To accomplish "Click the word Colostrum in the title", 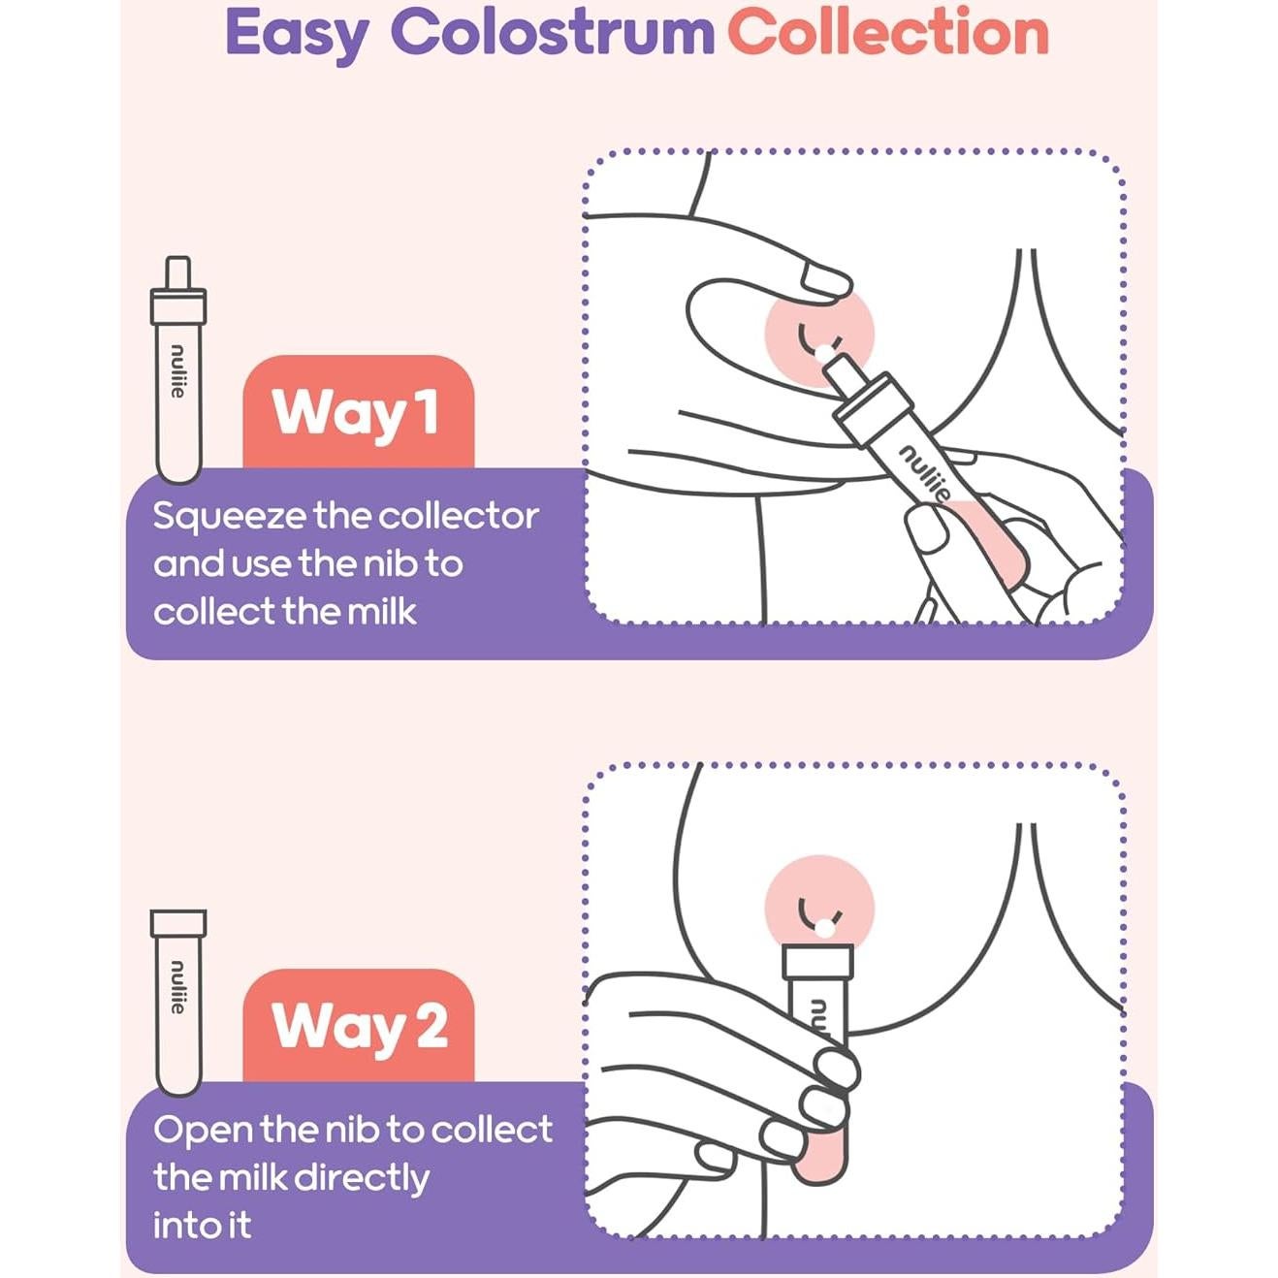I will coord(552,32).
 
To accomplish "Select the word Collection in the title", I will coord(887,32).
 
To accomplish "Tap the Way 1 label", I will coord(357,412).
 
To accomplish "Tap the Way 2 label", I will coord(359,1026).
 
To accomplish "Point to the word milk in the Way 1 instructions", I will coord(381,612).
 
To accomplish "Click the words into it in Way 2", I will coord(202,1226).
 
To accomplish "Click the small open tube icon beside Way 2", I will coord(177,999).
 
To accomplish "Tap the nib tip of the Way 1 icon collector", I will coord(177,271).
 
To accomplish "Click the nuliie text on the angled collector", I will coord(924,472).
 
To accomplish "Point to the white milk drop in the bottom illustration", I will coord(824,928).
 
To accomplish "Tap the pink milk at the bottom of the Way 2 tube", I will coord(820,1159).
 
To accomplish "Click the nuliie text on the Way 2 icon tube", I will coord(177,988).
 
